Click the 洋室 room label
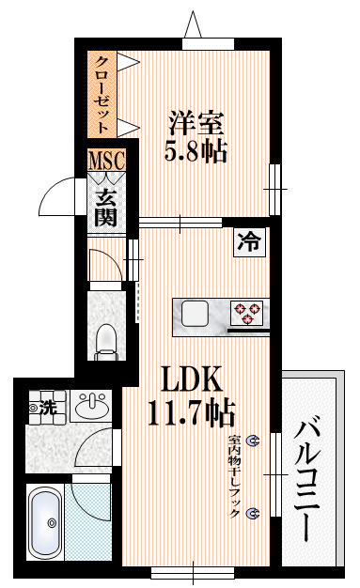(x=196, y=123)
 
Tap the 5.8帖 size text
(x=196, y=151)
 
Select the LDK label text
(x=191, y=379)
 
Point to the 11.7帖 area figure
(x=192, y=412)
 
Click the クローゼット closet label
(x=102, y=95)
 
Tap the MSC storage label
(x=106, y=160)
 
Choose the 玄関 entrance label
(x=105, y=209)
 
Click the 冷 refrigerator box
(x=249, y=242)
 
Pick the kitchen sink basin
(x=195, y=314)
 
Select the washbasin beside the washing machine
(x=91, y=406)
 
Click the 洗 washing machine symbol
(x=48, y=408)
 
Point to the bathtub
(x=45, y=522)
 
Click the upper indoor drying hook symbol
(x=252, y=441)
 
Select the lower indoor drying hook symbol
(x=252, y=513)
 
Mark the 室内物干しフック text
(x=235, y=476)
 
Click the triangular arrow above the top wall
(x=193, y=24)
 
